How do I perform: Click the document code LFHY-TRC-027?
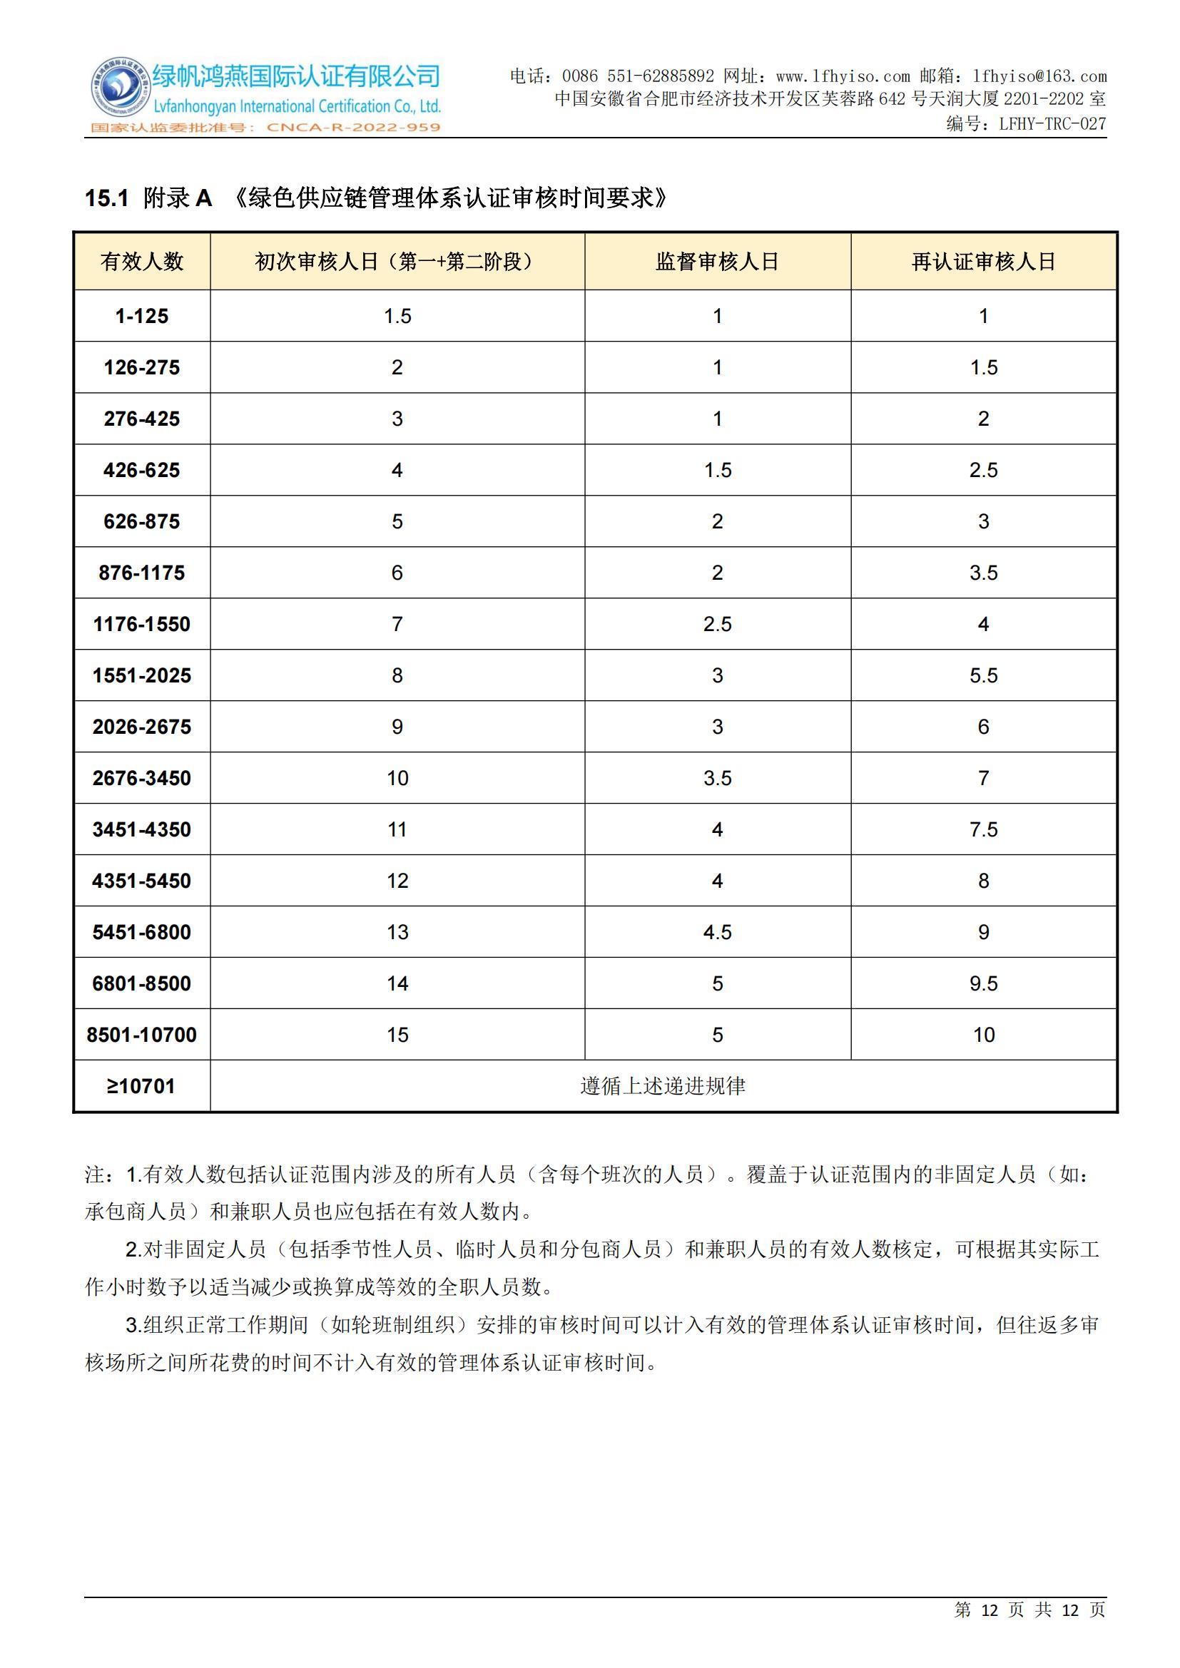coord(1052,124)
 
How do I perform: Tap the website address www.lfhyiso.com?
coord(842,76)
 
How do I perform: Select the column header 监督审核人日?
coord(717,262)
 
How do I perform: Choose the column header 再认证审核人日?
coord(983,262)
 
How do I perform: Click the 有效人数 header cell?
coord(142,262)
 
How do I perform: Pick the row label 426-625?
coord(142,470)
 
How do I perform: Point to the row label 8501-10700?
coord(142,1035)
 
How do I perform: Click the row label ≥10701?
coord(142,1086)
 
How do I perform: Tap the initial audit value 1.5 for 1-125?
coord(397,316)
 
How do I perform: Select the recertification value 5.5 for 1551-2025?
coord(983,675)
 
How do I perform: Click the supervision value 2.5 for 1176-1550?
coord(717,624)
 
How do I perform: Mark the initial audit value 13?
coord(397,932)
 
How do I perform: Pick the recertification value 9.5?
coord(983,983)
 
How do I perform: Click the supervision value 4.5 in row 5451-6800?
coord(717,932)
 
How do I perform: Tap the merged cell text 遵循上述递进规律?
coord(663,1086)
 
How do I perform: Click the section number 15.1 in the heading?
coord(107,198)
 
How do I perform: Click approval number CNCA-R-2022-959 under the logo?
coord(353,128)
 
